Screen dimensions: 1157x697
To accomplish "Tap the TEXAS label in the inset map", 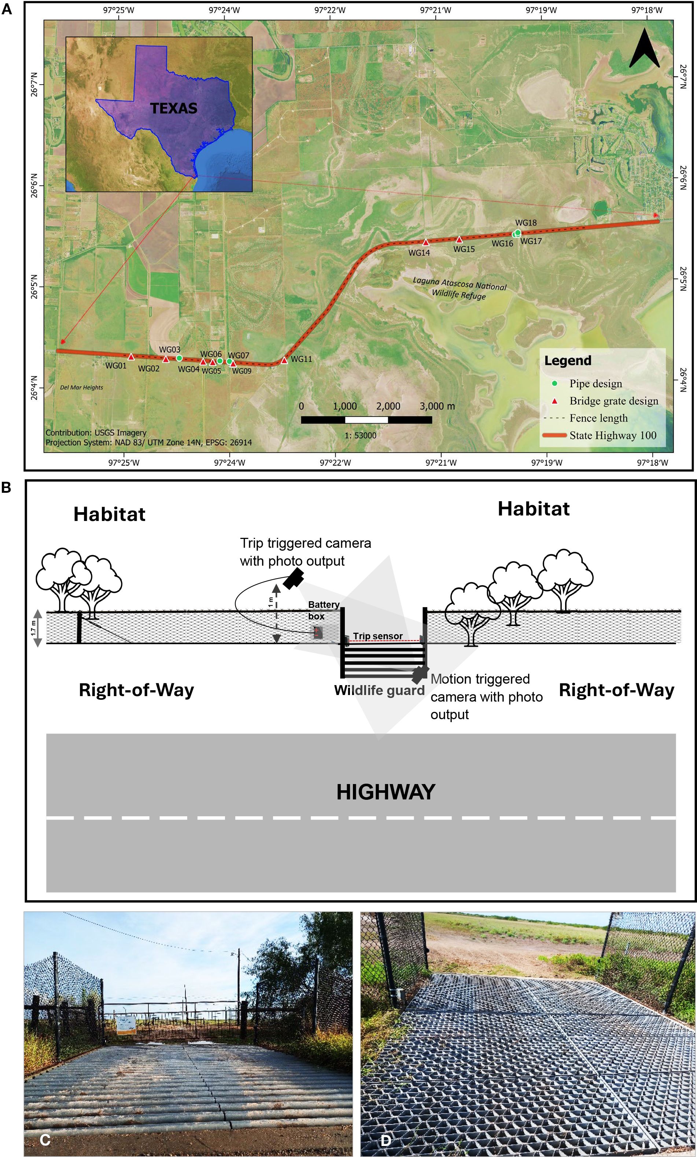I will pos(174,108).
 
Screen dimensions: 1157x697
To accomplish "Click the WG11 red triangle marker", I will pos(284,361).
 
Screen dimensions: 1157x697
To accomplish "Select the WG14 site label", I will pos(419,253).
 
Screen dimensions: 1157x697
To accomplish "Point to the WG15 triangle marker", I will pos(459,240).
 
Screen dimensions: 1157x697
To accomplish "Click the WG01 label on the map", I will pos(115,366).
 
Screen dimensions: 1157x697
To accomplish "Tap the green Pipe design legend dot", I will pos(555,384).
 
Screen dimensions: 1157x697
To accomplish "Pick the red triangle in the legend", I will pos(555,401).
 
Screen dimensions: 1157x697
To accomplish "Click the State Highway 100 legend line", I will pos(554,435).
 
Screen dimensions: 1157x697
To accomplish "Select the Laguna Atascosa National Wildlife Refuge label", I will pos(459,288).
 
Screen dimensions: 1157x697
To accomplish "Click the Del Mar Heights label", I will pos(82,387).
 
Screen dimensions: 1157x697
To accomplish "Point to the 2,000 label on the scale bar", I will pos(388,406).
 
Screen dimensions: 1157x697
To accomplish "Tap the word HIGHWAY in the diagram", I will pos(386,792).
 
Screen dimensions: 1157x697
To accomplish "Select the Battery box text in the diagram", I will pos(323,610).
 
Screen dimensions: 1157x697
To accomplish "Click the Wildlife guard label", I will pos(379,690).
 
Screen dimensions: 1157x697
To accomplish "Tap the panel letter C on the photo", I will pos(45,1140).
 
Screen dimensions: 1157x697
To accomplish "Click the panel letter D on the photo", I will pos(385,1140).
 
